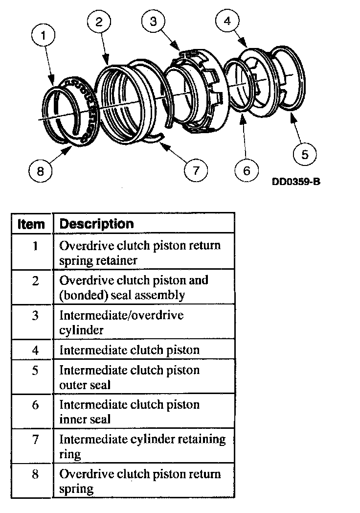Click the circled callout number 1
tap(45, 35)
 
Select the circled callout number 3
tap(153, 22)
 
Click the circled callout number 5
tap(304, 154)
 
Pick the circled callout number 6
tap(246, 170)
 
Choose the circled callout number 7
tap(196, 170)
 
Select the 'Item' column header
tap(31, 224)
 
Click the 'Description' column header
tap(96, 224)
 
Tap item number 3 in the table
tap(35, 316)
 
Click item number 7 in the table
tap(35, 439)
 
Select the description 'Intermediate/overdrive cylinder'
tap(121, 322)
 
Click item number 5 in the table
tap(35, 371)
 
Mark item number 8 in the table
tap(35, 474)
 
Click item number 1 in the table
tap(35, 245)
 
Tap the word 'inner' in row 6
tap(72, 419)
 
